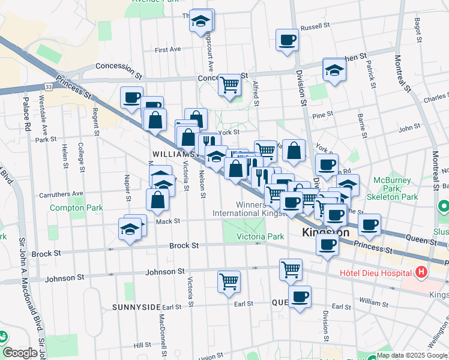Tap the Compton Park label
point(76,208)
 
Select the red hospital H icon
point(421,272)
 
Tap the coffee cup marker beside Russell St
point(288,40)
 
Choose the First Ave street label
point(167,50)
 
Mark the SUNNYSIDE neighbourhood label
point(136,307)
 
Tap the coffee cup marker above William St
point(300,296)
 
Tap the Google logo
point(20,352)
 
